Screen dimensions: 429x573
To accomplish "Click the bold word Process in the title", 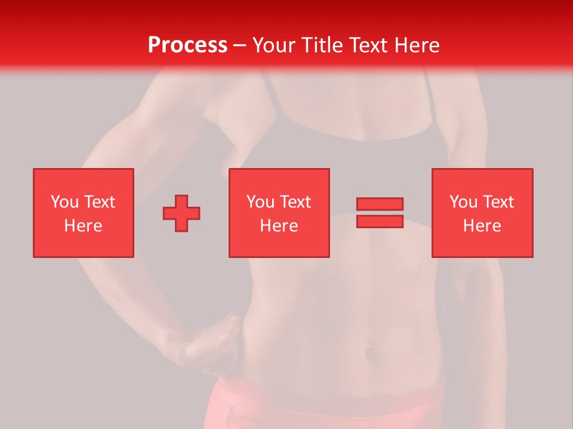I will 187,45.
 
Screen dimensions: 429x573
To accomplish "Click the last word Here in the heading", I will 417,45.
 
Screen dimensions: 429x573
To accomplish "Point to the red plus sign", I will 181,213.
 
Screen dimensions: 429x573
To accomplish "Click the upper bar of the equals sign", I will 380,204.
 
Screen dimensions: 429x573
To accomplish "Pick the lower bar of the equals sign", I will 380,221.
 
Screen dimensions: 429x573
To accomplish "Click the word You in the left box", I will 64,202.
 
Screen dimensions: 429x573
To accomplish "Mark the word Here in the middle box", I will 279,226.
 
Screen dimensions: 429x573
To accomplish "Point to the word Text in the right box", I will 498,202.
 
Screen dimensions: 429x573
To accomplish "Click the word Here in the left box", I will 83,226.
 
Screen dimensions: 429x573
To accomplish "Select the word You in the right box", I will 463,202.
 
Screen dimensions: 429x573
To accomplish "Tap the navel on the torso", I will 371,353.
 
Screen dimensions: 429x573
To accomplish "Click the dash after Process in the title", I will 239,45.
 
